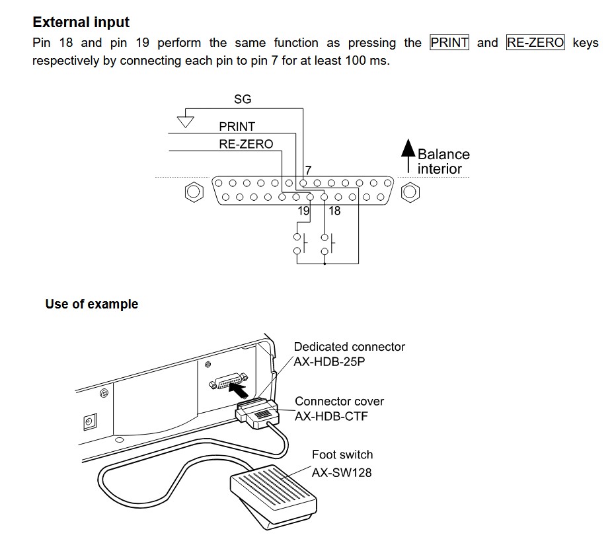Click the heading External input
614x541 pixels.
coord(81,22)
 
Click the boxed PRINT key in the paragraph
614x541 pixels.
coord(449,42)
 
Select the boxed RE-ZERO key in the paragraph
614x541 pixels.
coord(535,42)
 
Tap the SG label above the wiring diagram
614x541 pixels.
coord(243,99)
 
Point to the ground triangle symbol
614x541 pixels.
coord(186,122)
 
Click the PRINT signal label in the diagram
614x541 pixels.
coord(237,126)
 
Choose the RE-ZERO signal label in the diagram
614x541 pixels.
coord(246,144)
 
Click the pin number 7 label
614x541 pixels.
coord(309,170)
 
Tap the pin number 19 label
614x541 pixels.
coord(303,211)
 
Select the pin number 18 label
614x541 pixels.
coord(334,211)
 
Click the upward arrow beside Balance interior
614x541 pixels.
coord(408,156)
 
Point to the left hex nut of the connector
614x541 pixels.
coord(194,192)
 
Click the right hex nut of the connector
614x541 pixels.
coord(410,192)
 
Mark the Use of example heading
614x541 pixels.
coord(92,304)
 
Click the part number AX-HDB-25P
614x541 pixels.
coord(329,361)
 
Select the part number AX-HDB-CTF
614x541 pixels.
coord(331,415)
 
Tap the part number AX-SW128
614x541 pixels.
coord(342,472)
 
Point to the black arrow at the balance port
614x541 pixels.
coord(239,390)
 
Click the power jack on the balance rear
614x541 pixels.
coord(90,422)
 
